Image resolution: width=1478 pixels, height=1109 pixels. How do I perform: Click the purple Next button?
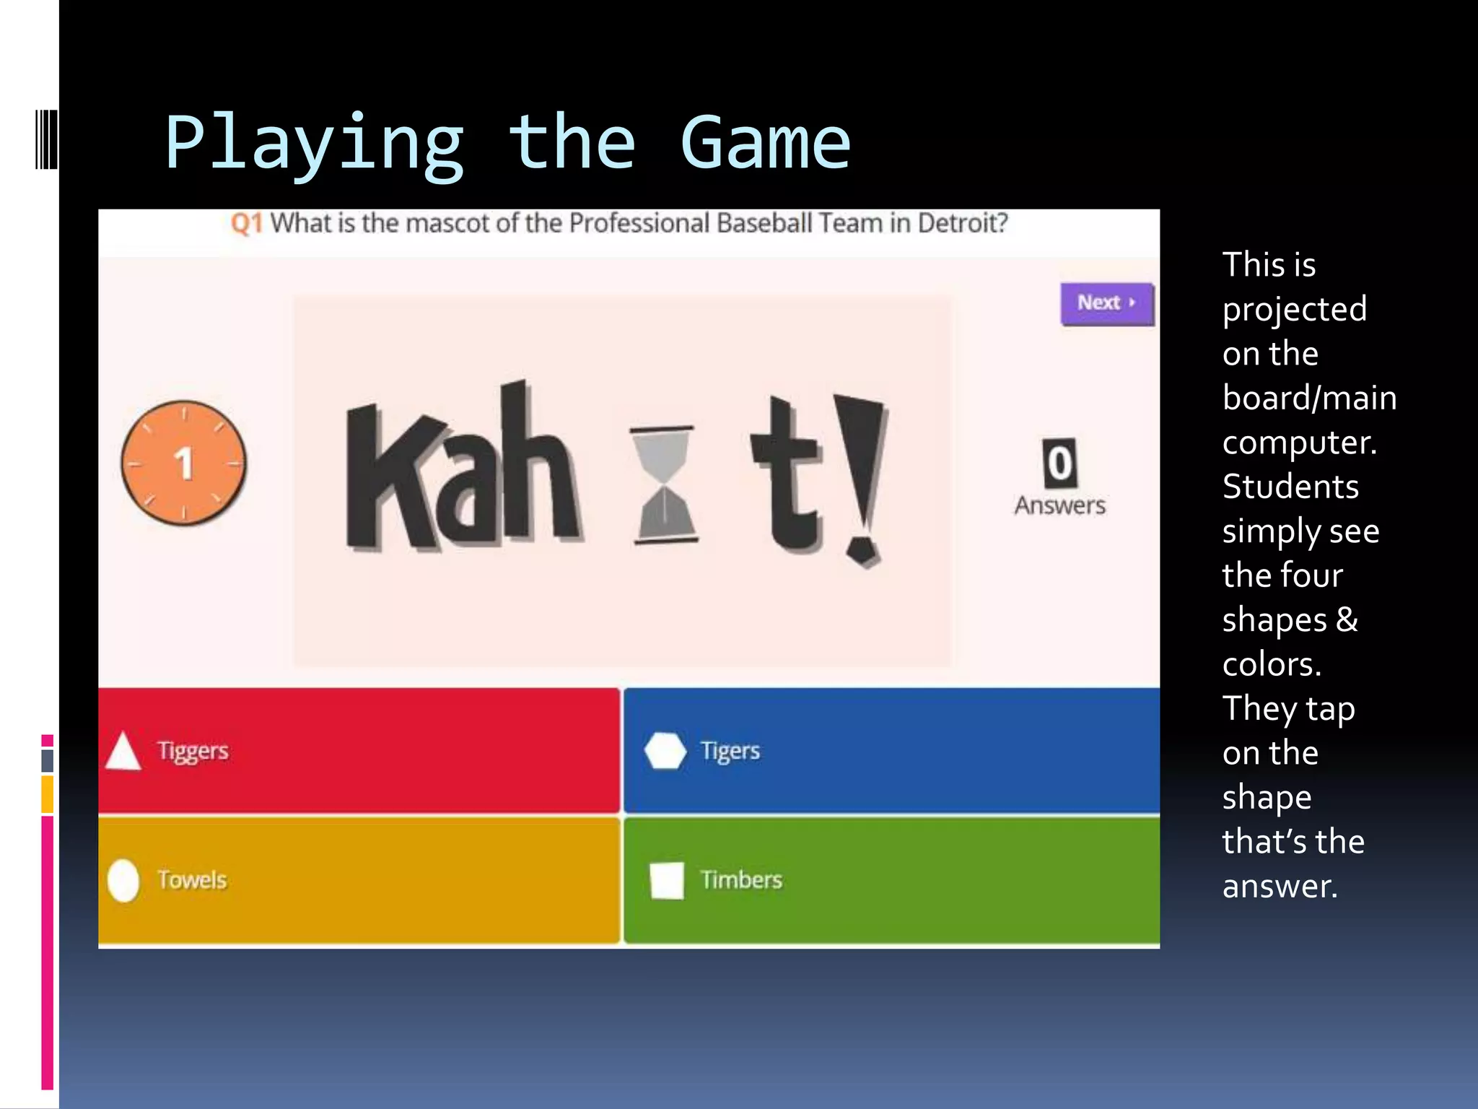pos(1106,303)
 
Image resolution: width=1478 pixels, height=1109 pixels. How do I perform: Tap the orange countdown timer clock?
pos(183,463)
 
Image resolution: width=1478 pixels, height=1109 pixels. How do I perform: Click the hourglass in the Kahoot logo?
pos(664,484)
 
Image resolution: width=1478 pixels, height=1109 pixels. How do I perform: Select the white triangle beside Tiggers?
pos(123,752)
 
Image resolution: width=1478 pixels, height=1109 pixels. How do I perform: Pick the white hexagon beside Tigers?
pos(665,751)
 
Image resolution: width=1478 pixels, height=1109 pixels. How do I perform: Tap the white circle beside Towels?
pos(123,880)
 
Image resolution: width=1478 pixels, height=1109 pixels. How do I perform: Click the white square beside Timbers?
pos(667,880)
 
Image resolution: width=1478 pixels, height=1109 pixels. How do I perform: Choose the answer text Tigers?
pos(730,751)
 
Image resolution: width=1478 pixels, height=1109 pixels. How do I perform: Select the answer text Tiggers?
pos(193,751)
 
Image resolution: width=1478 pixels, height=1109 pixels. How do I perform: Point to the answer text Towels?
pos(192,880)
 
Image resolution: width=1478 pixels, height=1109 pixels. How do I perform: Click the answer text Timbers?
pos(741,880)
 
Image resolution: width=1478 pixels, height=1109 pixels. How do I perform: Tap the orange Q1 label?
pos(246,224)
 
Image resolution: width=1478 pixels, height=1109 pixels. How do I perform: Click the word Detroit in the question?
pos(962,224)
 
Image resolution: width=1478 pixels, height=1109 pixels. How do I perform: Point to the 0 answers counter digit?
pos(1059,464)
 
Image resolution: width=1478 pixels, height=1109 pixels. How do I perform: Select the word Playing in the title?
pos(314,144)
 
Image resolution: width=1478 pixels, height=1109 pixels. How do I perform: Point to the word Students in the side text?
pos(1290,487)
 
